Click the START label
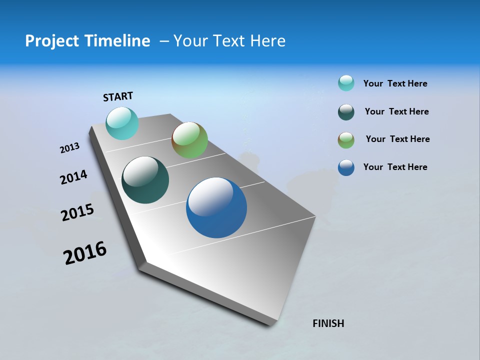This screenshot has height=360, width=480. (x=118, y=96)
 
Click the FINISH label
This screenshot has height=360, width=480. (x=328, y=323)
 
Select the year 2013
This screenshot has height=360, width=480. (x=69, y=148)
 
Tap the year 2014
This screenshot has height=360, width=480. (x=73, y=177)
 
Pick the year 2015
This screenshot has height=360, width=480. (x=77, y=212)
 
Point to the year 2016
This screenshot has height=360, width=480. (x=85, y=253)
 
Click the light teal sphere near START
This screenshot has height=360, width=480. (x=122, y=123)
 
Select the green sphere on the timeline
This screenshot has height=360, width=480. (x=189, y=140)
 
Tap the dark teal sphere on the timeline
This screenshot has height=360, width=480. (x=145, y=180)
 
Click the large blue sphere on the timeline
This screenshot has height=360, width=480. (x=216, y=207)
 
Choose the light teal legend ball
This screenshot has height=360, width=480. (x=346, y=83)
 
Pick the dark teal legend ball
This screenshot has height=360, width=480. (x=346, y=112)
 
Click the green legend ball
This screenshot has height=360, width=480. (x=346, y=140)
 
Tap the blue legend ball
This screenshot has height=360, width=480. (x=346, y=167)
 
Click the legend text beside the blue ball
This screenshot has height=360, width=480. (x=395, y=167)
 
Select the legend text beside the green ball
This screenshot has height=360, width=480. (x=397, y=139)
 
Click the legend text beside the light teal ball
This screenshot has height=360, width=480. (x=395, y=83)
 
